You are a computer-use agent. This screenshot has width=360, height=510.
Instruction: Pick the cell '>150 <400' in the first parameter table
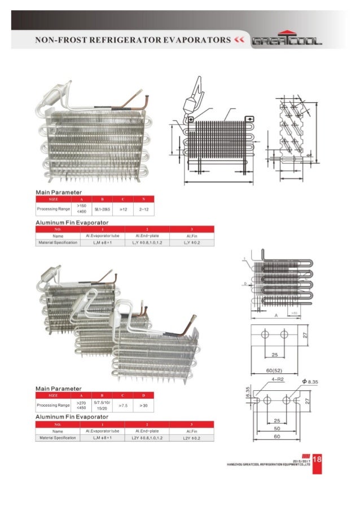tap(82, 209)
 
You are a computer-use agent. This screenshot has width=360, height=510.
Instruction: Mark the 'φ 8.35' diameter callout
tap(311, 382)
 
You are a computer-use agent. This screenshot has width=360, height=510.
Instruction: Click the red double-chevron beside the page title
tap(240, 41)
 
